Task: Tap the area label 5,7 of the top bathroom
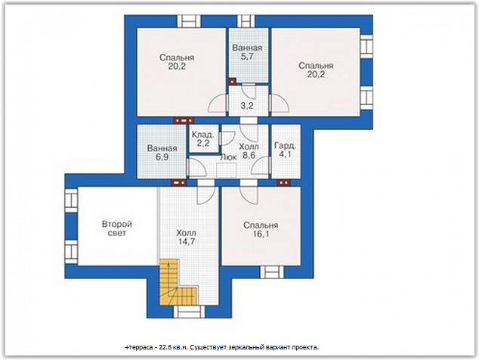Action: click(247, 57)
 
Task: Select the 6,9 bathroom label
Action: click(162, 157)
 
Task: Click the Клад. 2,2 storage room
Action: click(203, 138)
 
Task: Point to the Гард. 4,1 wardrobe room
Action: click(286, 151)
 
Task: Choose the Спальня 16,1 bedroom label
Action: click(261, 229)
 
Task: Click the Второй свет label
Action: click(117, 228)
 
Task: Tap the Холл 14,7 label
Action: click(187, 237)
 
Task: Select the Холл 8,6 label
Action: click(249, 151)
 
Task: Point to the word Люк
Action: click(228, 157)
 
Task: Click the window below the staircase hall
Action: click(190, 312)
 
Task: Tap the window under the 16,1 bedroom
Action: click(272, 272)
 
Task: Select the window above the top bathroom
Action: click(246, 21)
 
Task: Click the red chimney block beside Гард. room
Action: click(284, 182)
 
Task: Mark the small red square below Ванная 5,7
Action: click(233, 82)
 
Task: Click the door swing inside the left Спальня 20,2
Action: click(218, 104)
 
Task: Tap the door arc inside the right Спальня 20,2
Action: click(280, 104)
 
